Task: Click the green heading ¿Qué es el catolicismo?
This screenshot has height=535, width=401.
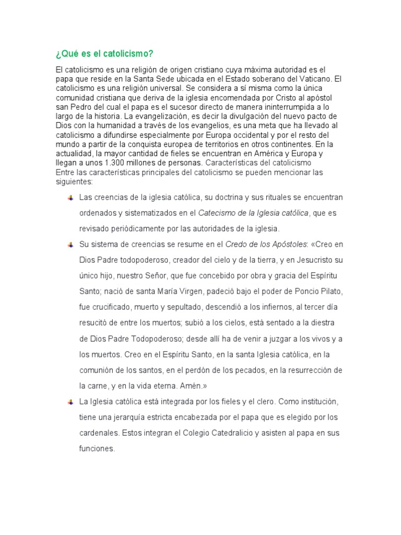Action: point(104,54)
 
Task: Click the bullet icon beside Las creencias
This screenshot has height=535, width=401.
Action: point(70,197)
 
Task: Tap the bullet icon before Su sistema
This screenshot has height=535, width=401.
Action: point(70,245)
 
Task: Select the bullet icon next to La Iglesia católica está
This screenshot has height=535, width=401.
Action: point(70,402)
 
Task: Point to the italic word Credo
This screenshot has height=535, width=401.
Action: point(235,245)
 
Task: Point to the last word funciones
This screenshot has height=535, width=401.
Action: point(97,449)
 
